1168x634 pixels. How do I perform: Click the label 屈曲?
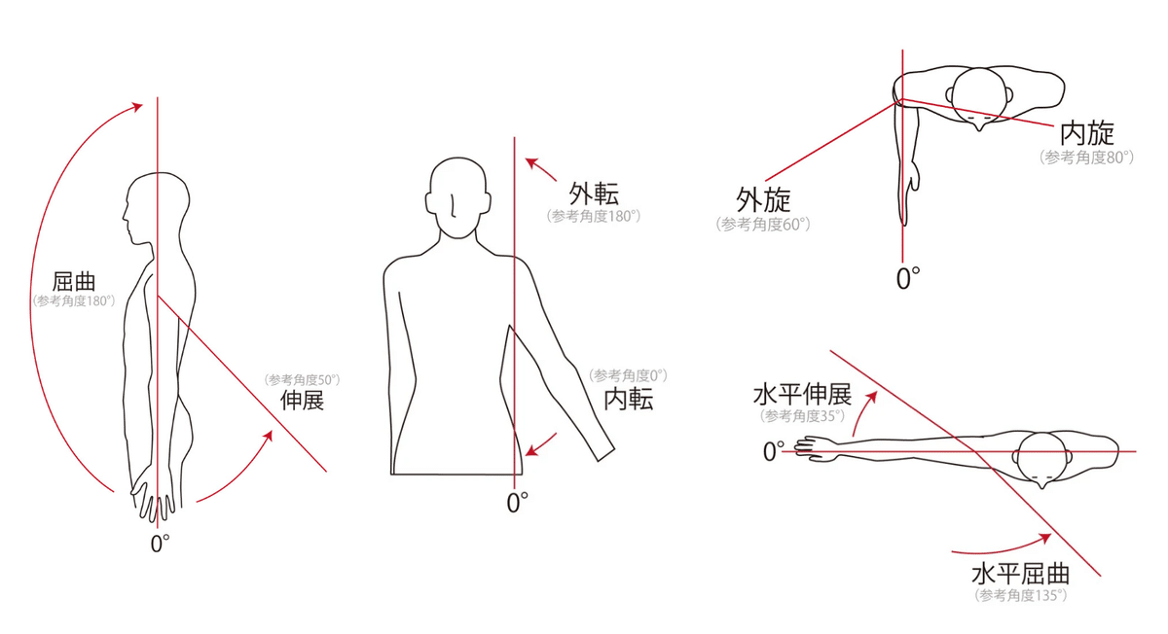coord(74,282)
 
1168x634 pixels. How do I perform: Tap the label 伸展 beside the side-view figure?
coord(302,400)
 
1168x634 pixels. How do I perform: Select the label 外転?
coord(594,194)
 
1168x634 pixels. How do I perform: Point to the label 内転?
coord(629,399)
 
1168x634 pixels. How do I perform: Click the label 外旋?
coord(763,200)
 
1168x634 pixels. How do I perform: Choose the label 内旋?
coord(1087,133)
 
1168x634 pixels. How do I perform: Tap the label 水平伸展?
coord(802,395)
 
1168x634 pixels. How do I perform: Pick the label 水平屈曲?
coord(1020,574)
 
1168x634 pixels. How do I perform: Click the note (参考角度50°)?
coord(302,380)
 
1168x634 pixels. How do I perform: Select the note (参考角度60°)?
coord(763,225)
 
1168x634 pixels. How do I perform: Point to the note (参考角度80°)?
coord(1086,158)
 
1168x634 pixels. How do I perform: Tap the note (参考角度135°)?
coord(1020,595)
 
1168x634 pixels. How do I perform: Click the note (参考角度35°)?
coord(802,416)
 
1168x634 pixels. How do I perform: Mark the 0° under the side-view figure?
coord(160,544)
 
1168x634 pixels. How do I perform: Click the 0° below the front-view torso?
coord(517,503)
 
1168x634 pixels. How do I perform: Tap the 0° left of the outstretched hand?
coord(773,451)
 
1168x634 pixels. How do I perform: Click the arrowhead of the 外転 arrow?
coord(530,163)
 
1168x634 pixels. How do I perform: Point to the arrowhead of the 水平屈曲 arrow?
coord(1044,539)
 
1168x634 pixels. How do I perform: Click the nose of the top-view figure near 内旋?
coord(979,126)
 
